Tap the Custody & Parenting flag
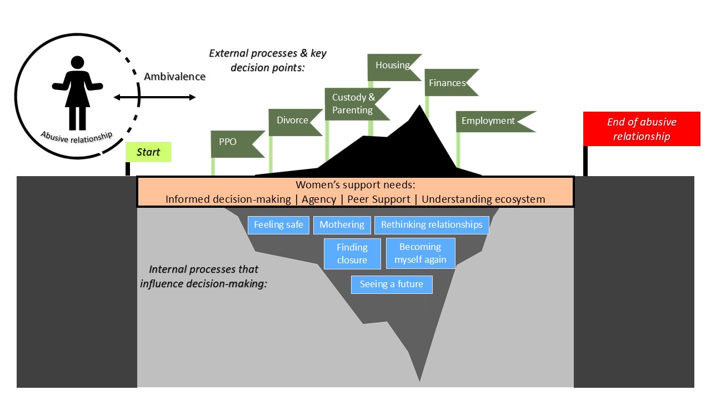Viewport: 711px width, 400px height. [x=353, y=104]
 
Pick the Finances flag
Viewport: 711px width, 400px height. [x=447, y=83]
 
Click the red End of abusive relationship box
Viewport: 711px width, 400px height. [x=642, y=129]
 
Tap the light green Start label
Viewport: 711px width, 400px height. [x=148, y=152]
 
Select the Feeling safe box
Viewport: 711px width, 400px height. [x=278, y=225]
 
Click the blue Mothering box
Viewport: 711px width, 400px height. [x=342, y=225]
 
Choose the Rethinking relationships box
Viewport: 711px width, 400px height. [x=432, y=225]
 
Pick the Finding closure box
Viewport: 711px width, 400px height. [x=352, y=253]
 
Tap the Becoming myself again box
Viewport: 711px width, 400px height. [x=420, y=253]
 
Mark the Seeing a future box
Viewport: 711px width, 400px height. [x=392, y=284]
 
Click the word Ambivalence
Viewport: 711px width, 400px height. [x=174, y=77]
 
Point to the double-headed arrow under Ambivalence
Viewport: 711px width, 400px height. [x=154, y=98]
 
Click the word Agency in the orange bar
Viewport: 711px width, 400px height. [x=319, y=199]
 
